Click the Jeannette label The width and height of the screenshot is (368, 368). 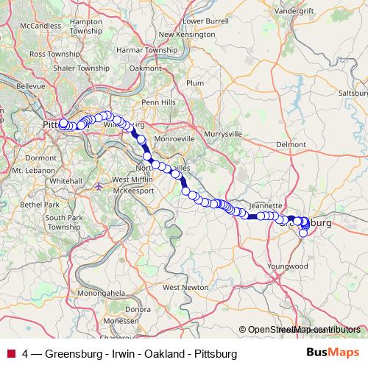point(266,205)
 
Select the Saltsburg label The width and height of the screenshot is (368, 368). point(352,93)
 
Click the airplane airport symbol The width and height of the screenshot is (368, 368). point(99,185)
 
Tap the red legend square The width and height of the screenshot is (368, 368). point(10,354)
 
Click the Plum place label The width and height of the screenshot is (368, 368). point(195,83)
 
